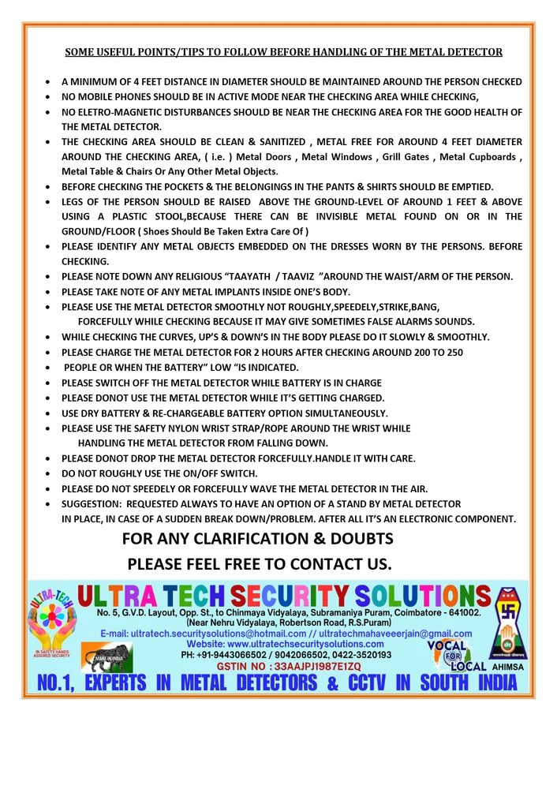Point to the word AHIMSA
[x=507, y=667]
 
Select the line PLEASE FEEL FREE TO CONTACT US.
[x=260, y=564]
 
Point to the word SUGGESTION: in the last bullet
[x=92, y=503]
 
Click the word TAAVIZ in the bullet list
[x=342, y=276]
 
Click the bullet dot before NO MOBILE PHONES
[x=50, y=97]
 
